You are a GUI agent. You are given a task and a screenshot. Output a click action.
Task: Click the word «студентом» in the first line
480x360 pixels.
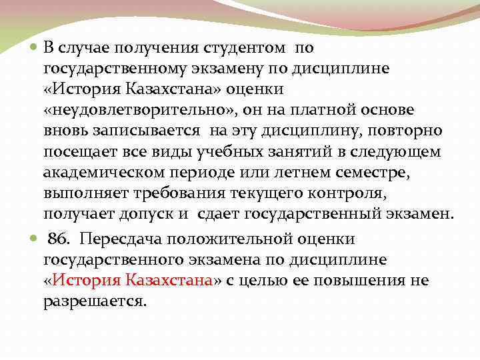click(242, 49)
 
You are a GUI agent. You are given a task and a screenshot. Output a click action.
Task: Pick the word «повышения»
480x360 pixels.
click(349, 281)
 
